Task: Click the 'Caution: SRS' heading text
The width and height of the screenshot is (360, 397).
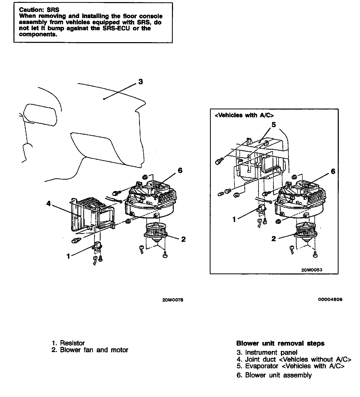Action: coord(39,10)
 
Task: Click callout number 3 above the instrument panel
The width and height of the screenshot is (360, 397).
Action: coord(140,82)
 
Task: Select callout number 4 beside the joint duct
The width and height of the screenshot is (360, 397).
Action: coord(49,204)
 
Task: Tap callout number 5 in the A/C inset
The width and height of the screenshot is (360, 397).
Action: coord(274,125)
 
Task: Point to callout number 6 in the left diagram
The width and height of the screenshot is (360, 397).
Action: coord(180,170)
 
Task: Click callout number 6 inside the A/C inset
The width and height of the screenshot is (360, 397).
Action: coord(333,171)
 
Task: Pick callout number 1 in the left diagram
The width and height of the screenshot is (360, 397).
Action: coord(68,256)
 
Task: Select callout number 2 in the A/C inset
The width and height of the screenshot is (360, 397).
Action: coord(274,239)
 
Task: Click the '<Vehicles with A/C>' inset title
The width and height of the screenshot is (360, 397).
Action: coord(244,115)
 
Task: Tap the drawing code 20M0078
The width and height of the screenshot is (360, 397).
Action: coord(173,300)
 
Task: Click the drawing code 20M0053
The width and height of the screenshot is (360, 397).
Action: coord(312,270)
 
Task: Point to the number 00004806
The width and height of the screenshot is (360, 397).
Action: coord(330,300)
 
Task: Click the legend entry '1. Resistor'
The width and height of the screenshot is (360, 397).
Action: coord(68,343)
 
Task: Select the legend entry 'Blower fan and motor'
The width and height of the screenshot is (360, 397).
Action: coord(94,350)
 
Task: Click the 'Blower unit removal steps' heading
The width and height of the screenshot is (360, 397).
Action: coord(280,343)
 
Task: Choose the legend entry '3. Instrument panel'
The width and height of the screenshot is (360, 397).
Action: coord(267,352)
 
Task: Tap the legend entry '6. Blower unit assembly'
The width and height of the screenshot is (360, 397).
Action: coord(274,375)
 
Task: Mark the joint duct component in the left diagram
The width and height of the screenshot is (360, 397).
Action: coord(92,213)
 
